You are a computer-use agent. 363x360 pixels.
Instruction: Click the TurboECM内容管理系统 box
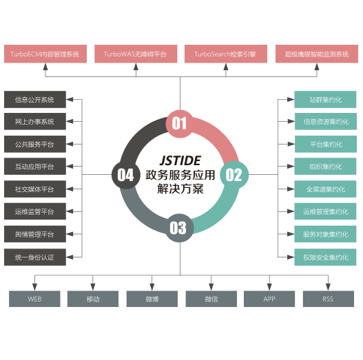pyautogui.click(x=45, y=54)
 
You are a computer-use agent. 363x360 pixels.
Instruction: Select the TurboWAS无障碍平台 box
pyautogui.click(x=136, y=54)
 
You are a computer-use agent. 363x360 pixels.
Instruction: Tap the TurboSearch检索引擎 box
pyautogui.click(x=226, y=54)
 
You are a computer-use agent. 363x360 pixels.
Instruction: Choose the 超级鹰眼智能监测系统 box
pyautogui.click(x=317, y=54)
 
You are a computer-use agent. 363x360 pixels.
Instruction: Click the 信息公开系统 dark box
pyautogui.click(x=35, y=100)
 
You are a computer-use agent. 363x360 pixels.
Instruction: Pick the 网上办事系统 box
pyautogui.click(x=35, y=121)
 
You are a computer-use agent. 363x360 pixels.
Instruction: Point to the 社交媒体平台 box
pyautogui.click(x=35, y=189)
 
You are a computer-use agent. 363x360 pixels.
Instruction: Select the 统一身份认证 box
pyautogui.click(x=35, y=257)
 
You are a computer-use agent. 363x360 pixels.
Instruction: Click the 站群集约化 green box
pyautogui.click(x=325, y=100)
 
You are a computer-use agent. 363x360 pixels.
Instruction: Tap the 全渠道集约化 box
pyautogui.click(x=325, y=189)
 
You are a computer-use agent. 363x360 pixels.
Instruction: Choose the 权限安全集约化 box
pyautogui.click(x=325, y=257)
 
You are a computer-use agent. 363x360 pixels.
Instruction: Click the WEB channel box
pyautogui.click(x=34, y=299)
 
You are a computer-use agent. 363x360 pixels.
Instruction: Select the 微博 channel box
pyautogui.click(x=152, y=299)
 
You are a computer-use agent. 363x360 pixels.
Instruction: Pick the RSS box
pyautogui.click(x=329, y=299)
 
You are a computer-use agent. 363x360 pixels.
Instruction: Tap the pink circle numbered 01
pyautogui.click(x=180, y=124)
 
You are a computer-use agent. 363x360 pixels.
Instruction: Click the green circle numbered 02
pyautogui.click(x=234, y=175)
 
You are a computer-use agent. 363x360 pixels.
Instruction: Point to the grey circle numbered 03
pyautogui.click(x=179, y=228)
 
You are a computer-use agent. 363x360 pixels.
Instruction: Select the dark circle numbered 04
pyautogui.click(x=126, y=175)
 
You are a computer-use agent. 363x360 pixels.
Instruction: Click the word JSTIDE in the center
pyautogui.click(x=180, y=160)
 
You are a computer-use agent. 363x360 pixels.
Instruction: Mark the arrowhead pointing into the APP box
pyautogui.click(x=269, y=287)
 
